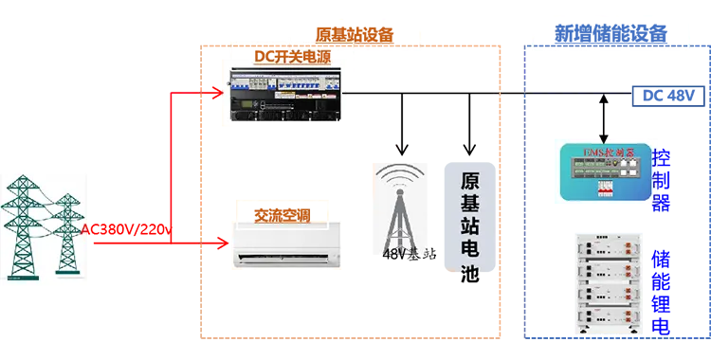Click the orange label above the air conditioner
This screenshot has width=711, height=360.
click(x=281, y=210)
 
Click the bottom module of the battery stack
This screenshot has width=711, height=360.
click(x=611, y=320)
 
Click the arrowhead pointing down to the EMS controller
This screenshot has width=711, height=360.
click(x=598, y=136)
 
